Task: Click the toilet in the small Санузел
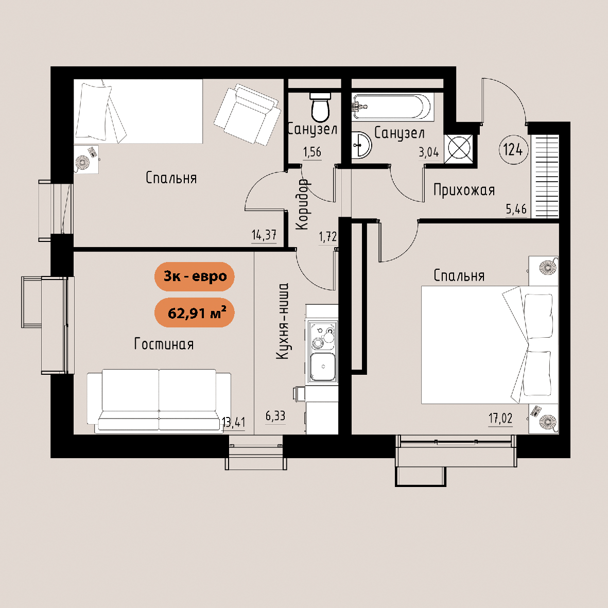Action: [320, 107]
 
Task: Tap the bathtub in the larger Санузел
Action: [391, 106]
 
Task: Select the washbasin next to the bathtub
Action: [361, 145]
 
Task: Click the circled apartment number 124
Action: [513, 149]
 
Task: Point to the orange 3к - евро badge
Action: [195, 276]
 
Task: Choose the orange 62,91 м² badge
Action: [195, 312]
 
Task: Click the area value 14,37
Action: [264, 235]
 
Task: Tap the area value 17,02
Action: [500, 419]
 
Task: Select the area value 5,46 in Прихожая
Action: [516, 210]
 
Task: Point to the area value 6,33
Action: [275, 416]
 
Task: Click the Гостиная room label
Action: [164, 344]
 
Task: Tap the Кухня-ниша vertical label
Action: [282, 321]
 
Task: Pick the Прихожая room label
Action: [464, 190]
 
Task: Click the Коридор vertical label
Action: [302, 204]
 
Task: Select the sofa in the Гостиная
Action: [159, 400]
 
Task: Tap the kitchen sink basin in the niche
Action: [323, 367]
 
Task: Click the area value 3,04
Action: [428, 152]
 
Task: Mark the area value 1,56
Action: [312, 152]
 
